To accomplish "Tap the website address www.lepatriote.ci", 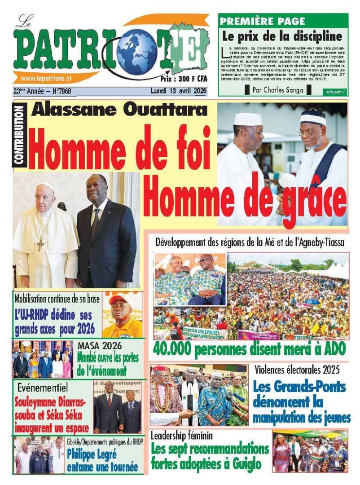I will point(47,77).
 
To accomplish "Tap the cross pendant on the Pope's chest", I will point(40,245).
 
